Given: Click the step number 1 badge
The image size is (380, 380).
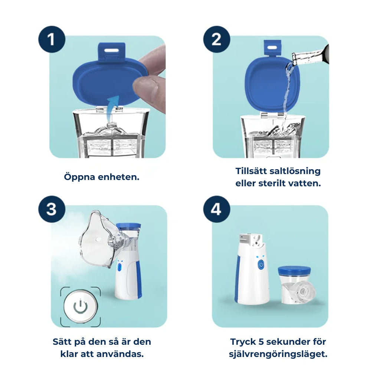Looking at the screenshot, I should pyautogui.click(x=52, y=39).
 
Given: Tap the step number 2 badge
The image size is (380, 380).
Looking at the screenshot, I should pyautogui.click(x=216, y=39).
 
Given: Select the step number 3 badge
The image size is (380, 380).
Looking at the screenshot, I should pyautogui.click(x=52, y=209).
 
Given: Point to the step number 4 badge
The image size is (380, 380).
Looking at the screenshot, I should pyautogui.click(x=216, y=209).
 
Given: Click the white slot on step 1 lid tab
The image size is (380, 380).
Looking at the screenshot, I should pyautogui.click(x=110, y=48).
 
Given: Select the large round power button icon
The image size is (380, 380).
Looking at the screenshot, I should pyautogui.click(x=80, y=306).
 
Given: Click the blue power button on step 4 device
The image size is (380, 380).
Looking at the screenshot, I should pyautogui.click(x=261, y=264).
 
